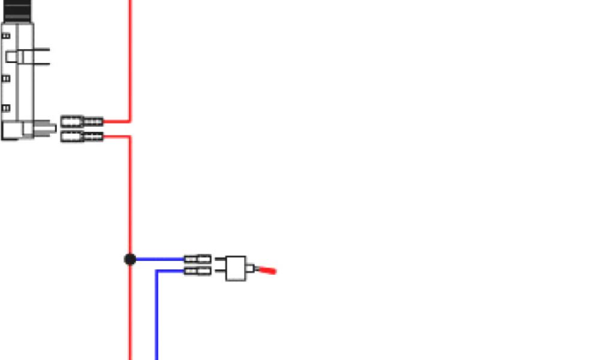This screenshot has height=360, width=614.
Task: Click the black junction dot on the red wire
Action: click(x=130, y=259)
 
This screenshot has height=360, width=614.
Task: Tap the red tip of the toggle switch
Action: click(x=268, y=271)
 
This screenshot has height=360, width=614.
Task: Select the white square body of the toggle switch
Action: click(x=236, y=268)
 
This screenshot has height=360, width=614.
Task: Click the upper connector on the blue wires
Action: click(x=197, y=259)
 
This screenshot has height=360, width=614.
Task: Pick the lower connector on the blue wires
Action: click(x=197, y=271)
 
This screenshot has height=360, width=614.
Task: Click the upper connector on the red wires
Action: click(x=82, y=122)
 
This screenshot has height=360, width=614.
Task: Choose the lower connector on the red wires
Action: click(x=82, y=137)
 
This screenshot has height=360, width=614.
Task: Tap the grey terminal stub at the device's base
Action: click(x=47, y=127)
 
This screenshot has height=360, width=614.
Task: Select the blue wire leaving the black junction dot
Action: click(x=159, y=259)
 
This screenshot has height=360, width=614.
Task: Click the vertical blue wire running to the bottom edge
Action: click(x=156, y=318)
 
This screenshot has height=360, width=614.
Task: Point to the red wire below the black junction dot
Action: click(x=130, y=312)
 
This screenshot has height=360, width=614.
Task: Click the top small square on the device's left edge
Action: click(x=6, y=36)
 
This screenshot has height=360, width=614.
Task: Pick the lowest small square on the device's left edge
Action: click(x=6, y=108)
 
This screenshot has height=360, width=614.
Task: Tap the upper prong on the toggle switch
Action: click(x=220, y=261)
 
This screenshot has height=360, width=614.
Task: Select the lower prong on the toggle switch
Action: click(x=220, y=275)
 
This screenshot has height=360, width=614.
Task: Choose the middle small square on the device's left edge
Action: click(x=6, y=78)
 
